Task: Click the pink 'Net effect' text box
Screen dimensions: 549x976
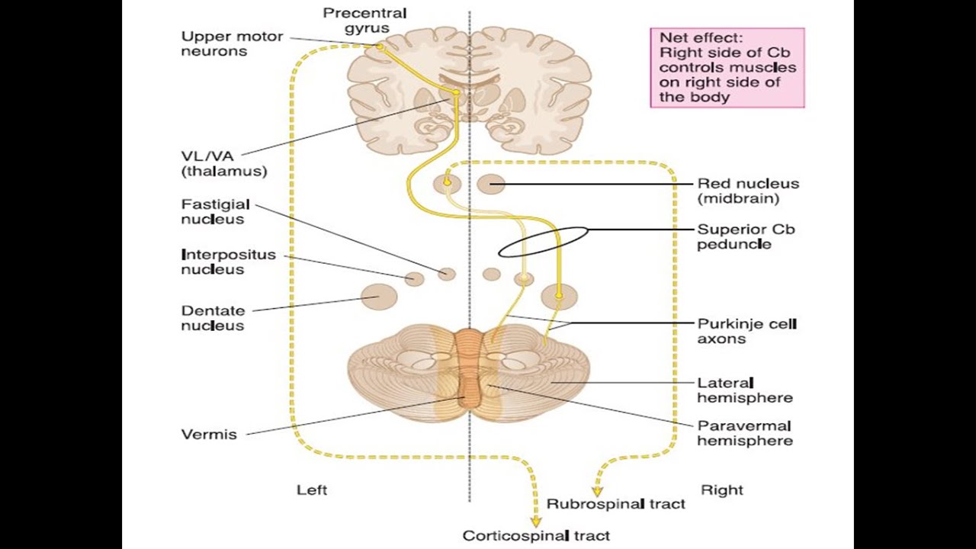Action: click(x=727, y=67)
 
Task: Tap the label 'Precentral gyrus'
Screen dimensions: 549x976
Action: click(x=364, y=21)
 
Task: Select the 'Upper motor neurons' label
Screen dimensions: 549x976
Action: click(x=232, y=44)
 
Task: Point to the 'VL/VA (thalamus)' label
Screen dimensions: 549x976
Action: click(x=224, y=164)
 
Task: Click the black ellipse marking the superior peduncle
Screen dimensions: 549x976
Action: click(x=543, y=242)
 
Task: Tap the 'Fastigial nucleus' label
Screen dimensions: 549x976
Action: click(x=213, y=211)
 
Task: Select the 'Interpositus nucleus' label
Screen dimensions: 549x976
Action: click(x=228, y=262)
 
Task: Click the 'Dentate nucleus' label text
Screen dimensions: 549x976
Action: click(x=213, y=318)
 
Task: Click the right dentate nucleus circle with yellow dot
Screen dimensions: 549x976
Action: click(x=559, y=296)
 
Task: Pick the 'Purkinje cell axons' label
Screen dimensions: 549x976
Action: click(x=746, y=331)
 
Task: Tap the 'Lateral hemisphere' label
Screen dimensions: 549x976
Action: click(x=745, y=390)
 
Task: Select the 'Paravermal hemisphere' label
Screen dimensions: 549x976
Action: click(x=745, y=433)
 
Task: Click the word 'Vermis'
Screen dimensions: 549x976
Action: click(x=209, y=435)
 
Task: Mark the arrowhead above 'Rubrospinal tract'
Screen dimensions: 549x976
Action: click(x=597, y=491)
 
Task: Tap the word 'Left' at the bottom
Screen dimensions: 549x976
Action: click(x=312, y=490)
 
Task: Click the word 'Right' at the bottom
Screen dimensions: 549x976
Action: click(x=721, y=490)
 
